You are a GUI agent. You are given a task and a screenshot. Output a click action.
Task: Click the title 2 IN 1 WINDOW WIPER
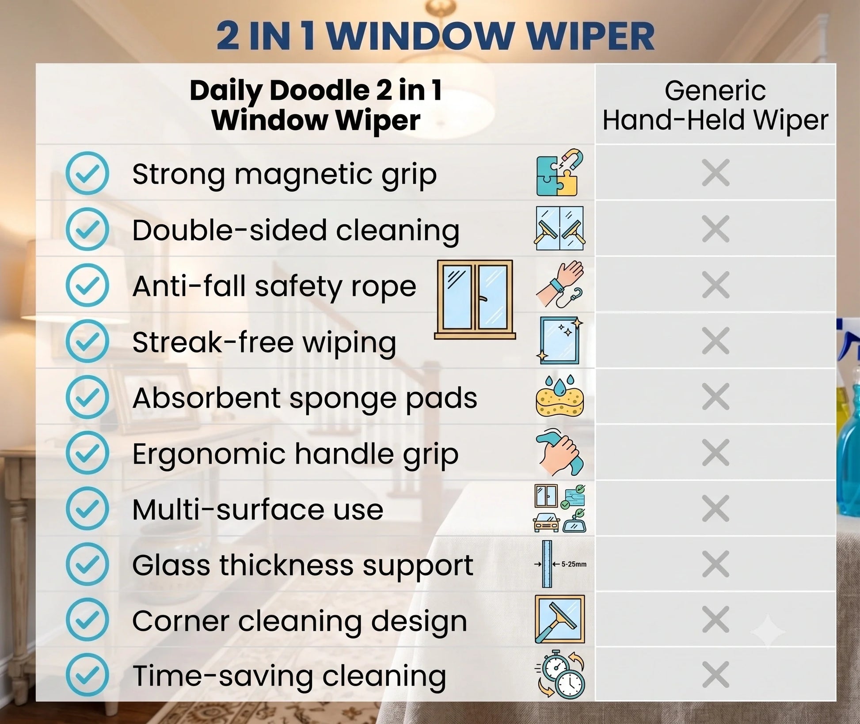pyautogui.click(x=435, y=36)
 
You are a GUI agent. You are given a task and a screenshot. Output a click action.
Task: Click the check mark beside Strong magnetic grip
pyautogui.click(x=88, y=173)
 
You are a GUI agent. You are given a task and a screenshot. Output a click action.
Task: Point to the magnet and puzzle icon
pyautogui.click(x=559, y=172)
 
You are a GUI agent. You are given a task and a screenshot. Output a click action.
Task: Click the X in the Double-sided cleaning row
pyautogui.click(x=715, y=229)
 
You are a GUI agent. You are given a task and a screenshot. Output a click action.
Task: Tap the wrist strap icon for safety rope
pyautogui.click(x=559, y=284)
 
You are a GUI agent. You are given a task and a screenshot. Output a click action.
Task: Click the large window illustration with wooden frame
pyautogui.click(x=475, y=299)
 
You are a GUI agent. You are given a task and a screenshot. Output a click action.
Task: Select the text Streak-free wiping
pyautogui.click(x=264, y=342)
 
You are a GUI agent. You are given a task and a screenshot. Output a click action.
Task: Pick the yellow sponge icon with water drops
pyautogui.click(x=559, y=396)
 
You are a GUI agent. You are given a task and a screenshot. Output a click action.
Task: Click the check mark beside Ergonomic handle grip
pyautogui.click(x=88, y=453)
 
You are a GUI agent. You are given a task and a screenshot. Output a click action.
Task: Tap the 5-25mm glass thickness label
pyautogui.click(x=574, y=564)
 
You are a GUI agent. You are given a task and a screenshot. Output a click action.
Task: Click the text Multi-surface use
pyautogui.click(x=258, y=509)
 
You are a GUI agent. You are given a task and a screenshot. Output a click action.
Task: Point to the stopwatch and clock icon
pyautogui.click(x=560, y=674)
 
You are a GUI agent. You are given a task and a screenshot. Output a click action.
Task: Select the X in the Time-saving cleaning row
pyautogui.click(x=715, y=675)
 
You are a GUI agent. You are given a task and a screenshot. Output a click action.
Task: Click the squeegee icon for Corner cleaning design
pyautogui.click(x=559, y=619)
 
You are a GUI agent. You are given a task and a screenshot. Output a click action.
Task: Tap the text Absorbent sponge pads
pyautogui.click(x=304, y=398)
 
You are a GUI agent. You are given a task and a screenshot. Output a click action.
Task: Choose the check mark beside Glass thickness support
pyautogui.click(x=88, y=564)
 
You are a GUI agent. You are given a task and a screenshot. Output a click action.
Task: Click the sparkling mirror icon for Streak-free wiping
pyautogui.click(x=559, y=340)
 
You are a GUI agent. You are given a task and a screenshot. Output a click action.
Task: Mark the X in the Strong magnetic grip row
pyautogui.click(x=715, y=173)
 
